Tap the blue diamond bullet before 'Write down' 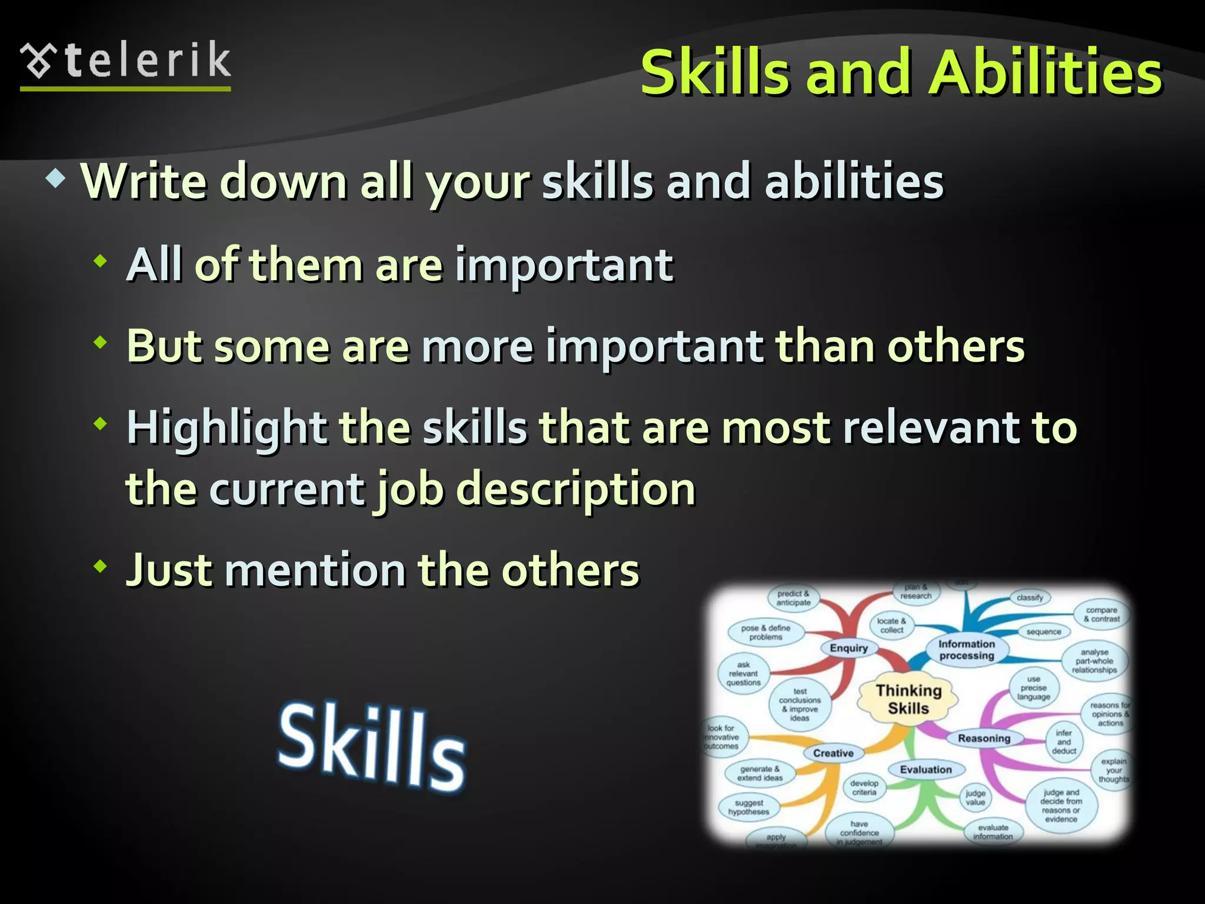[56, 179]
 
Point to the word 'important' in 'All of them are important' [564, 265]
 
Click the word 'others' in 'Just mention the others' [570, 570]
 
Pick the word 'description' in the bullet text [575, 489]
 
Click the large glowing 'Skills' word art [372, 746]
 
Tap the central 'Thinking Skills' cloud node [908, 699]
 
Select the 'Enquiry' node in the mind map [848, 648]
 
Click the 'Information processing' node [966, 650]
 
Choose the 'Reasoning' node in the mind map [984, 738]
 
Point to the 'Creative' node [833, 753]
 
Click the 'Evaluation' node [926, 769]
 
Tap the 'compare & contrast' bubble [1101, 614]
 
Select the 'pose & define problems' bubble [765, 633]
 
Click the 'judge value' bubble [975, 797]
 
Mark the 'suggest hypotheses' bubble [748, 807]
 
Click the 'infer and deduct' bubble [1064, 742]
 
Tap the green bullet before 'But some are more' [101, 341]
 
